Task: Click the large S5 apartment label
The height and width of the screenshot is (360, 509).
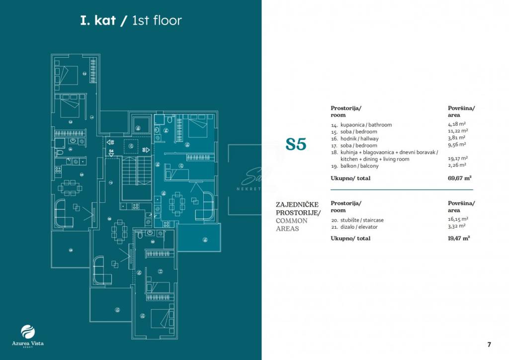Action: pyautogui.click(x=296, y=144)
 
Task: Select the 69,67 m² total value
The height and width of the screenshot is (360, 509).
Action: pyautogui.click(x=459, y=178)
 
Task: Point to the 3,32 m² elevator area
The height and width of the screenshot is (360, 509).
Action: pyautogui.click(x=456, y=226)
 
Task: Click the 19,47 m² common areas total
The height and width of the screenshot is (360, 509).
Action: pyautogui.click(x=459, y=238)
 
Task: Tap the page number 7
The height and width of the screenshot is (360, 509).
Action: pyautogui.click(x=489, y=344)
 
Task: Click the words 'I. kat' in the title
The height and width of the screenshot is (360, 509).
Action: pyautogui.click(x=98, y=21)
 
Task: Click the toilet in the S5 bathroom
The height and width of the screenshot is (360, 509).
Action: pyautogui.click(x=170, y=121)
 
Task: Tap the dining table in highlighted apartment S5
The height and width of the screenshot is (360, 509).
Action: pyautogui.click(x=177, y=204)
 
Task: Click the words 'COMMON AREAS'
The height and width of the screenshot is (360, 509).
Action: pyautogui.click(x=295, y=225)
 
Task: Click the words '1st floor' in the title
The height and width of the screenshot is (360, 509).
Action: pyautogui.click(x=157, y=21)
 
